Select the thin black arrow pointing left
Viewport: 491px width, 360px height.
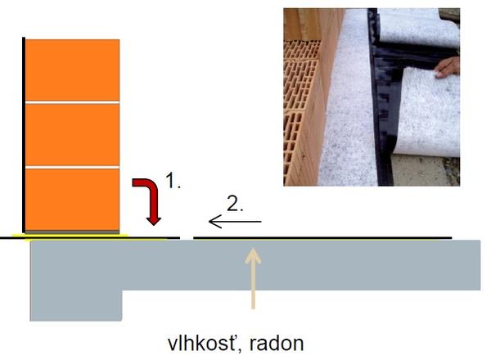pos(235,222)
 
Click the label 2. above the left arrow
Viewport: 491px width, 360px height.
pos(234,204)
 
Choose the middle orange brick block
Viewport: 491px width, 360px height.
pos(73,135)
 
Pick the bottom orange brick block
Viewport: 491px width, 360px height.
pos(73,199)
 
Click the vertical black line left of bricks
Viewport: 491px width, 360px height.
pos(25,135)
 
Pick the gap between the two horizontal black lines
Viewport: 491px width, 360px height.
pos(187,238)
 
